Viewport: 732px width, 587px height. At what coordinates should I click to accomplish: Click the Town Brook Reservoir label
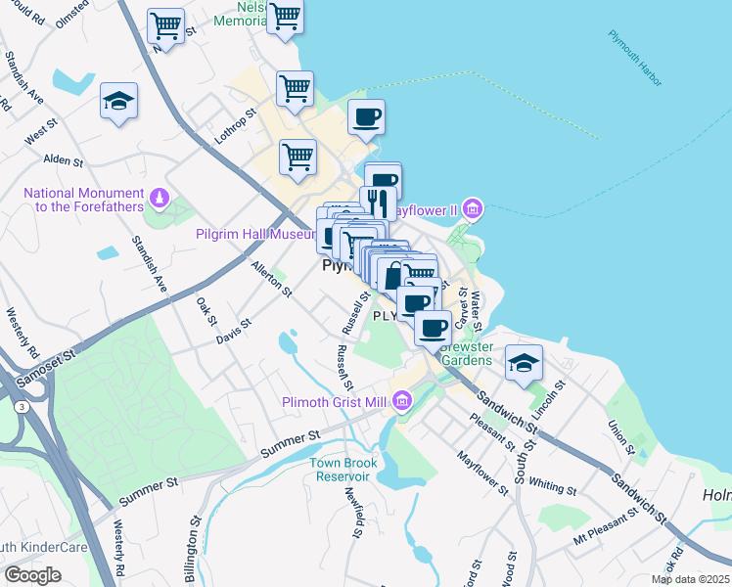tap(342, 470)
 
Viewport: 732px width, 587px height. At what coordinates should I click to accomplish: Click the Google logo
tap(32, 575)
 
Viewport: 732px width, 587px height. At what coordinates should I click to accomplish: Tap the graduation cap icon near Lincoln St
tap(524, 363)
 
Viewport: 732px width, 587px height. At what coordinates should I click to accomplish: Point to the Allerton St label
tap(271, 279)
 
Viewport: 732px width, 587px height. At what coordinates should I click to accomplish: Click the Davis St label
tap(234, 330)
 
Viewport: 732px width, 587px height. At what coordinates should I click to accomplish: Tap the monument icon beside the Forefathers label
tap(159, 201)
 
